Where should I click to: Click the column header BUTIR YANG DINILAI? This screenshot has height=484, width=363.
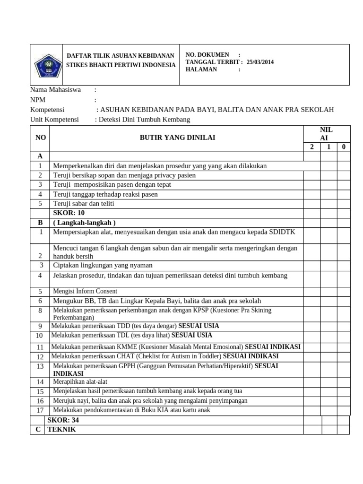coord(177,137)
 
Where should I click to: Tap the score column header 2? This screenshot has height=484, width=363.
coord(312,147)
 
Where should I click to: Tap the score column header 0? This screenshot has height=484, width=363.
coord(343,147)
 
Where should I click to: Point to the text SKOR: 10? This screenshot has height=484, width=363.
coord(69,213)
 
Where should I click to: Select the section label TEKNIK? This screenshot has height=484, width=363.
coord(61,429)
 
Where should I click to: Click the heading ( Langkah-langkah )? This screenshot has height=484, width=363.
coord(85,222)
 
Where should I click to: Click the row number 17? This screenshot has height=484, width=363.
coord(40,410)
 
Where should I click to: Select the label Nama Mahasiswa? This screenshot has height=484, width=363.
coord(55,89)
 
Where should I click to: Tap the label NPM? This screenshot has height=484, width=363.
coord(38,100)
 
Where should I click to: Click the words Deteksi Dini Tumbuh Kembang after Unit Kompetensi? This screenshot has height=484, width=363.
coord(144,119)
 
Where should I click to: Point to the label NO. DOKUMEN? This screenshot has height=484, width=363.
coord(207,55)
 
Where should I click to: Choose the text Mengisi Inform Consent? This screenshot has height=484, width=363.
coord(85,291)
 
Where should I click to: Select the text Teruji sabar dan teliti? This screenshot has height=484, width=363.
coord(84,204)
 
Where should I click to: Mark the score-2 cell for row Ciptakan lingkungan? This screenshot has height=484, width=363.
coord(312,265)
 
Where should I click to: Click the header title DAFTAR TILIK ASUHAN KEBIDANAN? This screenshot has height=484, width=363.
coord(120,56)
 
